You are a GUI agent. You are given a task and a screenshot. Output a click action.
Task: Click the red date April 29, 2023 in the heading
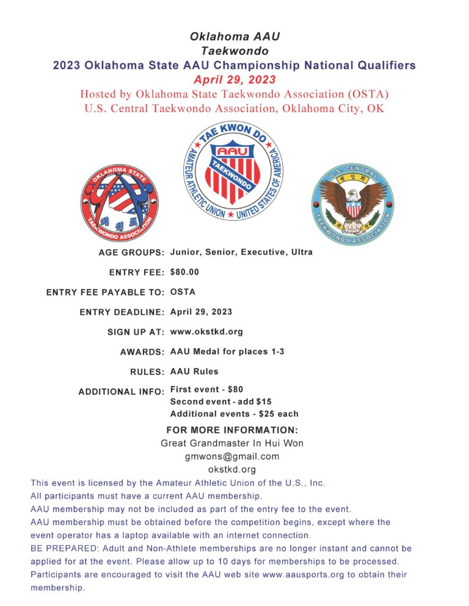click(x=234, y=80)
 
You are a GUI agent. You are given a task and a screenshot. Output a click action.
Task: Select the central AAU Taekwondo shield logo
click(x=234, y=171)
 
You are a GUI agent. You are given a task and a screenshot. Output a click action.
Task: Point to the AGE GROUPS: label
click(x=131, y=252)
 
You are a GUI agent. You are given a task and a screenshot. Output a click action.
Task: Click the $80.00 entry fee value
click(x=184, y=272)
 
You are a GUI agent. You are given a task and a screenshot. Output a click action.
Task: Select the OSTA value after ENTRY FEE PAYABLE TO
click(x=183, y=292)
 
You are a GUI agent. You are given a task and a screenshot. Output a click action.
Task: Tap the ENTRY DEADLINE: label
click(x=122, y=312)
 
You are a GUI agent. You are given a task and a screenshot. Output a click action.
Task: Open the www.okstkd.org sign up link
click(x=206, y=332)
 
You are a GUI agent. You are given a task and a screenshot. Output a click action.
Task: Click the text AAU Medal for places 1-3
click(x=227, y=352)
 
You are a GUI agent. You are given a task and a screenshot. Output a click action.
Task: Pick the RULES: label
click(x=147, y=371)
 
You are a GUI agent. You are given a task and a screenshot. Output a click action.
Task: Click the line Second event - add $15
click(x=221, y=401)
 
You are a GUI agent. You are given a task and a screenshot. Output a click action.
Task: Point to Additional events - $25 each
click(x=234, y=414)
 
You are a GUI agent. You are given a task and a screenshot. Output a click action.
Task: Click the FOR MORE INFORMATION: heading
click(x=232, y=430)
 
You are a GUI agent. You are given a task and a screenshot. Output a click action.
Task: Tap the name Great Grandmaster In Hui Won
click(x=232, y=443)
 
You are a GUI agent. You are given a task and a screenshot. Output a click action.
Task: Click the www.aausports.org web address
click(x=300, y=574)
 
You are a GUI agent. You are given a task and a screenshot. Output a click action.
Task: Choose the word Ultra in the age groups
click(x=300, y=252)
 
